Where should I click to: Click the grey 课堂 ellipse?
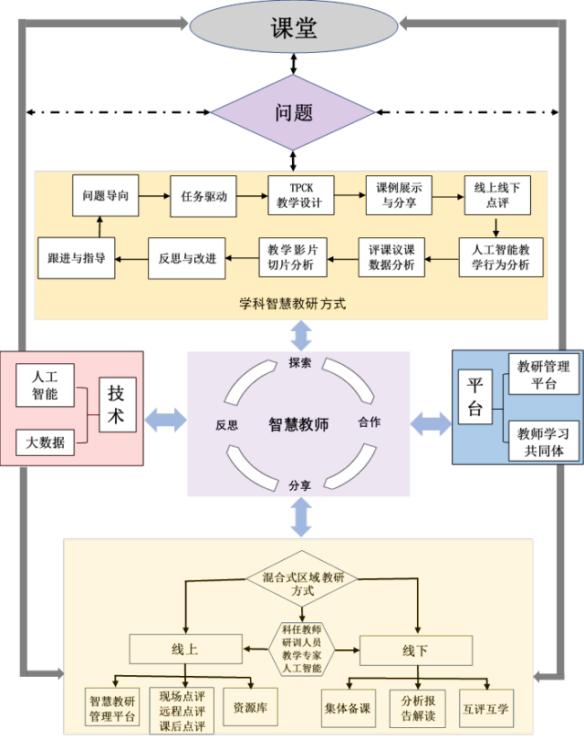pyautogui.click(x=294, y=27)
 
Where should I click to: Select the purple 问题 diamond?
pyautogui.click(x=293, y=112)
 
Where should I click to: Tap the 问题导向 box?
pyautogui.click(x=106, y=195)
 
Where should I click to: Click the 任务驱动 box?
pyautogui.click(x=203, y=195)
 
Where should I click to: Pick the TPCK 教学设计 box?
pyautogui.click(x=300, y=195)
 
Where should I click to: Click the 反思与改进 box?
pyautogui.click(x=187, y=257)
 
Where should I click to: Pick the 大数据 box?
pyautogui.click(x=45, y=442)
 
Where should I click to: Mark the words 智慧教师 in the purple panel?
pyautogui.click(x=298, y=423)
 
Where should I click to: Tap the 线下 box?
pyautogui.click(x=415, y=650)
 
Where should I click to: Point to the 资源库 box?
pyautogui.click(x=249, y=706)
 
